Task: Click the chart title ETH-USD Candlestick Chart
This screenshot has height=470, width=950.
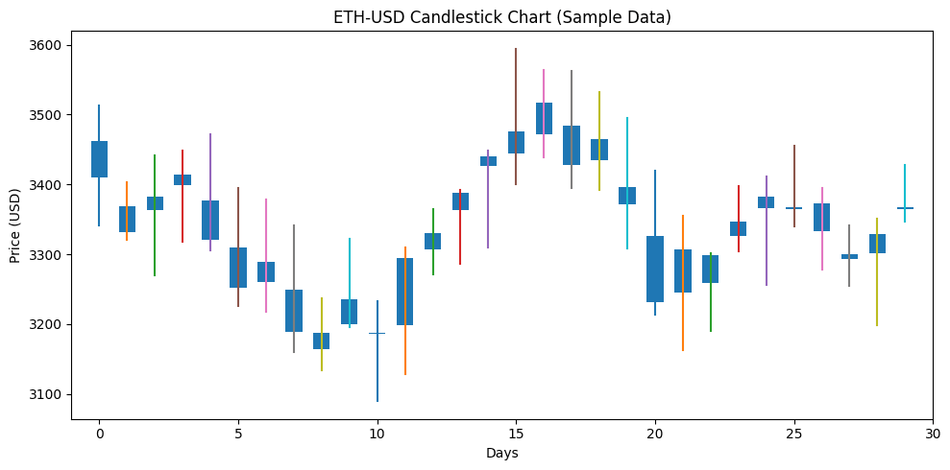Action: [501, 17]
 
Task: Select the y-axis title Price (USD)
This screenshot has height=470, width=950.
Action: [15, 224]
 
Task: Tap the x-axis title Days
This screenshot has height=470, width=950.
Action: [501, 453]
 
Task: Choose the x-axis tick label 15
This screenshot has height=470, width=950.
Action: [516, 434]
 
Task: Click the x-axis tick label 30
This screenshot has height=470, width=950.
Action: [932, 434]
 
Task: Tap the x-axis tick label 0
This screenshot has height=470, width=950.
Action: [99, 434]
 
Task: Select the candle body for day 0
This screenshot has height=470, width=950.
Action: [99, 159]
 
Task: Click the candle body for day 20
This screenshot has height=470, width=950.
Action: [655, 269]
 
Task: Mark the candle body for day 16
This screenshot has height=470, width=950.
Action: [544, 118]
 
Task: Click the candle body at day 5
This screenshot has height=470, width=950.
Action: [238, 268]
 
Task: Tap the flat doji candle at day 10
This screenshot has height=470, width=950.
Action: [377, 333]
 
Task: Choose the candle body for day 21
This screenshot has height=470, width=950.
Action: [683, 270]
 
